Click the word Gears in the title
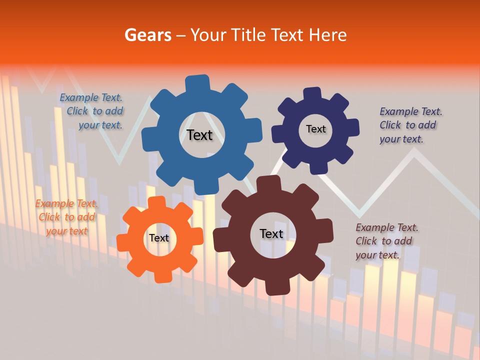(148, 35)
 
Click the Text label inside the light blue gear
(199, 135)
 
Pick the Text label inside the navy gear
(315, 129)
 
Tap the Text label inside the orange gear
(159, 238)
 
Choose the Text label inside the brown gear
(271, 233)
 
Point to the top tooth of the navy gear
(312, 94)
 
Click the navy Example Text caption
(410, 125)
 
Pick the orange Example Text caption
(66, 217)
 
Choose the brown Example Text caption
(386, 241)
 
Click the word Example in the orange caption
(54, 203)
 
